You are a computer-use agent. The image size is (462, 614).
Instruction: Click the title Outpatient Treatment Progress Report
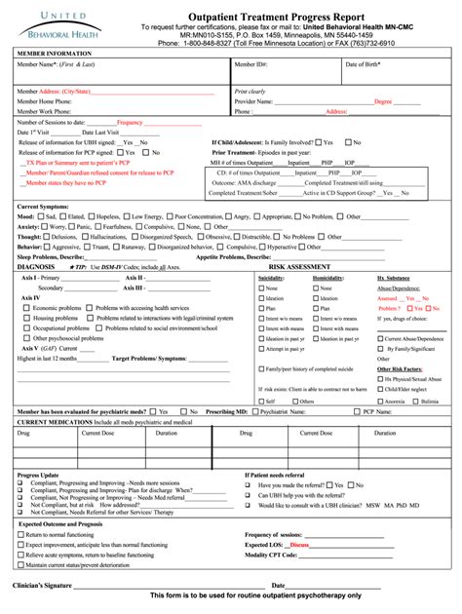click(x=283, y=15)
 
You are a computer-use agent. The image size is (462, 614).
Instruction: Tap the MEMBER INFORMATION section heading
click(x=48, y=53)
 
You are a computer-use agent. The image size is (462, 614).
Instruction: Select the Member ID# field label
click(x=250, y=64)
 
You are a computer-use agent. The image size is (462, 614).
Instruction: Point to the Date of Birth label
click(x=366, y=64)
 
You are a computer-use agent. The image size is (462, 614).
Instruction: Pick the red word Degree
click(x=383, y=100)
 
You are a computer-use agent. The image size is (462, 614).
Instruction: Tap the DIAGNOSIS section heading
click(x=36, y=265)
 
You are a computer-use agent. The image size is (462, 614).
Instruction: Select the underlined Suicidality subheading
click(x=272, y=278)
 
